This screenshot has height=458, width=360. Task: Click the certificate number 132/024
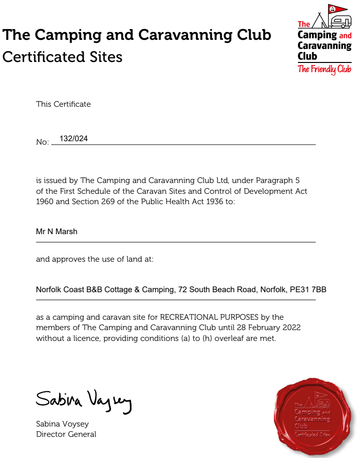73,139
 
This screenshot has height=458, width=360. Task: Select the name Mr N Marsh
57,231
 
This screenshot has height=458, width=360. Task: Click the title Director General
66,434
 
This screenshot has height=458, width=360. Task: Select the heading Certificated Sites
62,57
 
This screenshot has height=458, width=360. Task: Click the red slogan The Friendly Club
325,69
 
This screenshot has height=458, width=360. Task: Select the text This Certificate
63,104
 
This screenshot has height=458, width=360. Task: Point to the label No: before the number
42,142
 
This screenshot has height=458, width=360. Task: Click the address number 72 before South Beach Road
183,290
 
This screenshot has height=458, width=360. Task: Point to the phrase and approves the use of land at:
95,259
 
